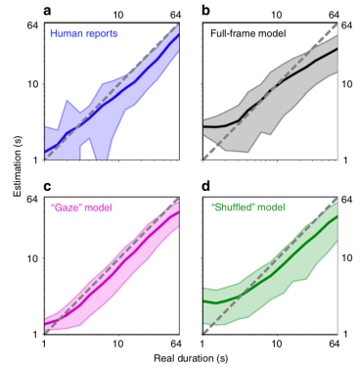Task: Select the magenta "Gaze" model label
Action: pos(84,207)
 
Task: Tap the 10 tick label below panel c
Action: pos(118,344)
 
